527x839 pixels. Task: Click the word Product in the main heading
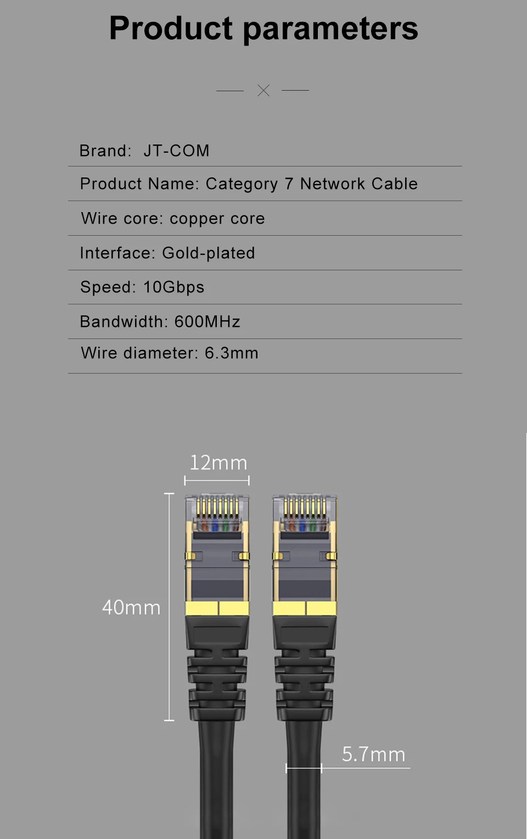171,29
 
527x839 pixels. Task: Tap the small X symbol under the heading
263,91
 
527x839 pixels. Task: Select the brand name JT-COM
176,151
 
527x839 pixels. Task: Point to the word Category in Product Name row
242,184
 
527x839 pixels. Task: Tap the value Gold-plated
208,253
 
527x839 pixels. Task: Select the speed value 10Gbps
173,287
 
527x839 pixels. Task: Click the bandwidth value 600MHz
207,321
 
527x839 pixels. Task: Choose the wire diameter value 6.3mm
231,353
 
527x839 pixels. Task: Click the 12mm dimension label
218,463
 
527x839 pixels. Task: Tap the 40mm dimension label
131,607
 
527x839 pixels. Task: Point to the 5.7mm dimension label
373,754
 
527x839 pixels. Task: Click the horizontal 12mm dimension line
217,481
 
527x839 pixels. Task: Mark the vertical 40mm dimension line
169,607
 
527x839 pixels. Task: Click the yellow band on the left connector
217,608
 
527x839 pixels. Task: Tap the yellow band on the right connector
305,608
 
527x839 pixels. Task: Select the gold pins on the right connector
305,507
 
